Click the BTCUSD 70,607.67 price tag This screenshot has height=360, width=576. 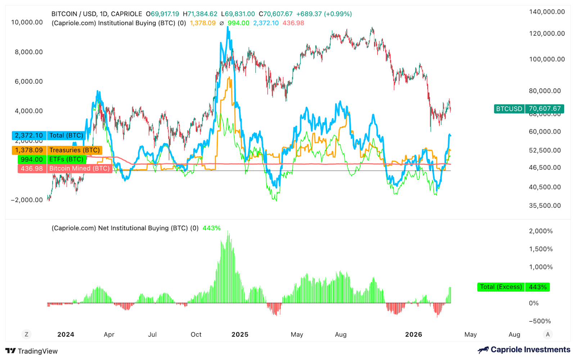tap(529, 109)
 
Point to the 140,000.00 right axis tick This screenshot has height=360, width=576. tap(546, 12)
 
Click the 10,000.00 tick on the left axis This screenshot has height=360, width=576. tap(27, 22)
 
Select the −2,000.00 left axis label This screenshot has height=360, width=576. tap(27, 200)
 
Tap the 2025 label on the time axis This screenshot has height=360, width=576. tap(240, 334)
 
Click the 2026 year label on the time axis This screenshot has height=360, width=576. tap(413, 334)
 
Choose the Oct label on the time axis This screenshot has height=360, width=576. tap(196, 334)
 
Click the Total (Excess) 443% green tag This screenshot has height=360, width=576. tap(513, 287)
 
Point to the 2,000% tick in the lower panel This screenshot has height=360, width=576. tap(541, 231)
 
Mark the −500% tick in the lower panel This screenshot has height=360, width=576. tap(540, 321)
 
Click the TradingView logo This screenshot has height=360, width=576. tap(32, 351)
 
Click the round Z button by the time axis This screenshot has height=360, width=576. tap(26, 334)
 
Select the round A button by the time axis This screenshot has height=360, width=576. tap(548, 334)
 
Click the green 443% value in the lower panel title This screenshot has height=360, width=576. tap(211, 228)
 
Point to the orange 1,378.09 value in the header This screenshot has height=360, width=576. tap(203, 23)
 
